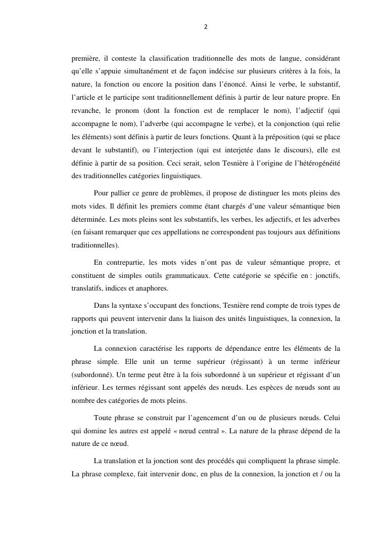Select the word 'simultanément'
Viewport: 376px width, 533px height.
pos(146,71)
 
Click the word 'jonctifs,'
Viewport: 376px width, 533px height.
pos(328,275)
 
